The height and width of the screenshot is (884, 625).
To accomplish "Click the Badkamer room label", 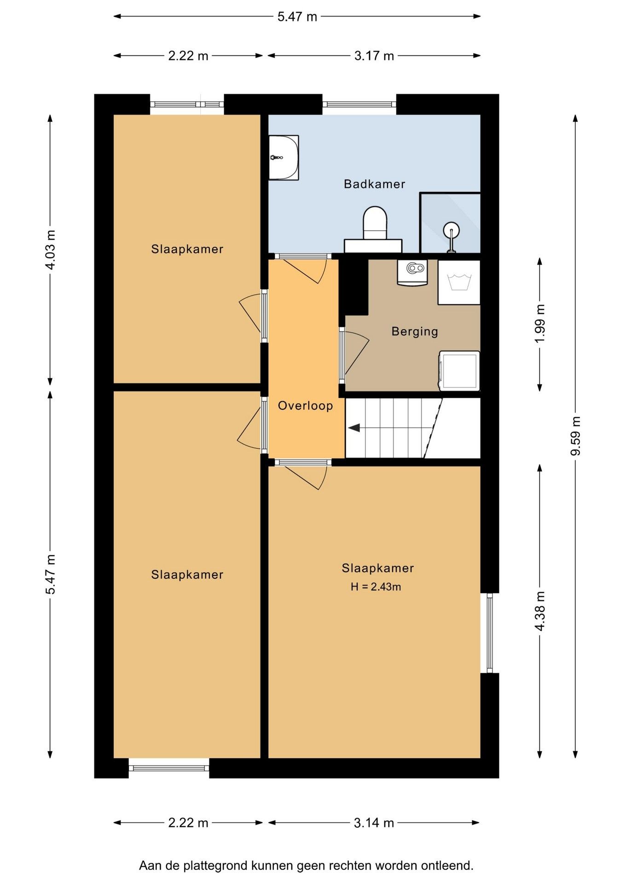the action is click(374, 184).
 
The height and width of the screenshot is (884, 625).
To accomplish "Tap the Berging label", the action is click(415, 331).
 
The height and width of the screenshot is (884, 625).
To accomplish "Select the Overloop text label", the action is click(305, 406).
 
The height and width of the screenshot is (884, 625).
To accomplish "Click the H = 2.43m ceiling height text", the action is click(376, 587).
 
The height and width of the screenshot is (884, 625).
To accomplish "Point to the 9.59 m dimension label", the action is click(575, 436).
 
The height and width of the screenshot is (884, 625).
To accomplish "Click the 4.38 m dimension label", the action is click(540, 611).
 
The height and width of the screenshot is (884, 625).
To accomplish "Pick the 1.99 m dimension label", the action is click(540, 323).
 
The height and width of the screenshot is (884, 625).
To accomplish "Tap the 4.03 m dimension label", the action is click(50, 250).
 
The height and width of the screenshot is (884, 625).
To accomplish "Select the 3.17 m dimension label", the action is click(374, 56).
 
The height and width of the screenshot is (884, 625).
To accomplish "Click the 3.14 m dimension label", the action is click(374, 823).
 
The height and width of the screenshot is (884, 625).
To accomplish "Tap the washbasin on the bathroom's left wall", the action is click(284, 157).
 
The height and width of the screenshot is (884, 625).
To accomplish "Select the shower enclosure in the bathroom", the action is click(450, 223).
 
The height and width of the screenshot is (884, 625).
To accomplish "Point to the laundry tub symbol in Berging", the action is click(459, 282).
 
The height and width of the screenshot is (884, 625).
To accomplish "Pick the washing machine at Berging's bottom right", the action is click(459, 371).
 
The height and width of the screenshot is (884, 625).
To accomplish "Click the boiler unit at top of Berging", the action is click(412, 273).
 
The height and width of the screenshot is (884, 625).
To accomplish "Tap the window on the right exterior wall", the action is click(489, 633).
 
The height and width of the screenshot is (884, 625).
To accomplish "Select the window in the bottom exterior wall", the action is click(169, 768).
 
